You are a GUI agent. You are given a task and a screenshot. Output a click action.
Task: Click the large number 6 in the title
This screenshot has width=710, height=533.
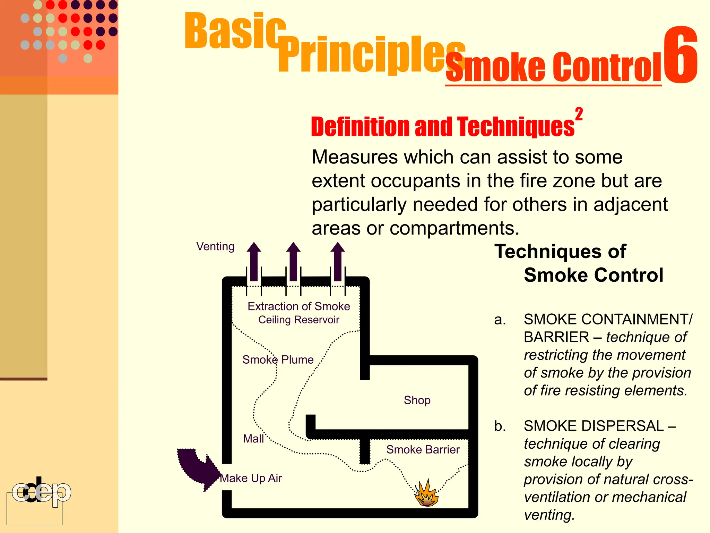coord(680,56)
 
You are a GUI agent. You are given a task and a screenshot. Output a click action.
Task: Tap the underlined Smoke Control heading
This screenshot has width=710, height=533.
coord(553,67)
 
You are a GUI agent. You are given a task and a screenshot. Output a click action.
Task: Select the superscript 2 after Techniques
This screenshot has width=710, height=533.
coord(579,114)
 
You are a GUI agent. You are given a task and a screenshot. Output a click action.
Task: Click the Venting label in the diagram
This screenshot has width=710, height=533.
coord(215,246)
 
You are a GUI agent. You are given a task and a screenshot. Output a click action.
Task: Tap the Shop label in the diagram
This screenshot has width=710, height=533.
coord(417,400)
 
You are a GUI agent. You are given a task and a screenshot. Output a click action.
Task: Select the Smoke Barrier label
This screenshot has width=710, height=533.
coord(423,450)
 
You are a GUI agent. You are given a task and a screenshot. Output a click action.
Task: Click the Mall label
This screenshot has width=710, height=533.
coord(253,439)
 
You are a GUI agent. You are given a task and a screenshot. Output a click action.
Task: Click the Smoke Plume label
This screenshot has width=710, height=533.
coord(278,359)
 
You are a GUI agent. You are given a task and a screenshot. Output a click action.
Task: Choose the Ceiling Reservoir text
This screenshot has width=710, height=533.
coord(298,320)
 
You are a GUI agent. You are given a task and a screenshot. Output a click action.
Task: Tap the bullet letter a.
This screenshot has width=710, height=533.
coord(500,320)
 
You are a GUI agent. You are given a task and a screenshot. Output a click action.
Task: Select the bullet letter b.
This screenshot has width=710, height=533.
coord(500,426)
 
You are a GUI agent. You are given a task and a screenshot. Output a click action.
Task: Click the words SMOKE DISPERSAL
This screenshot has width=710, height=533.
coord(594,426)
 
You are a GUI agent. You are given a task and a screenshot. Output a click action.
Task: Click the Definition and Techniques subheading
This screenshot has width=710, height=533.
coord(442,126)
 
